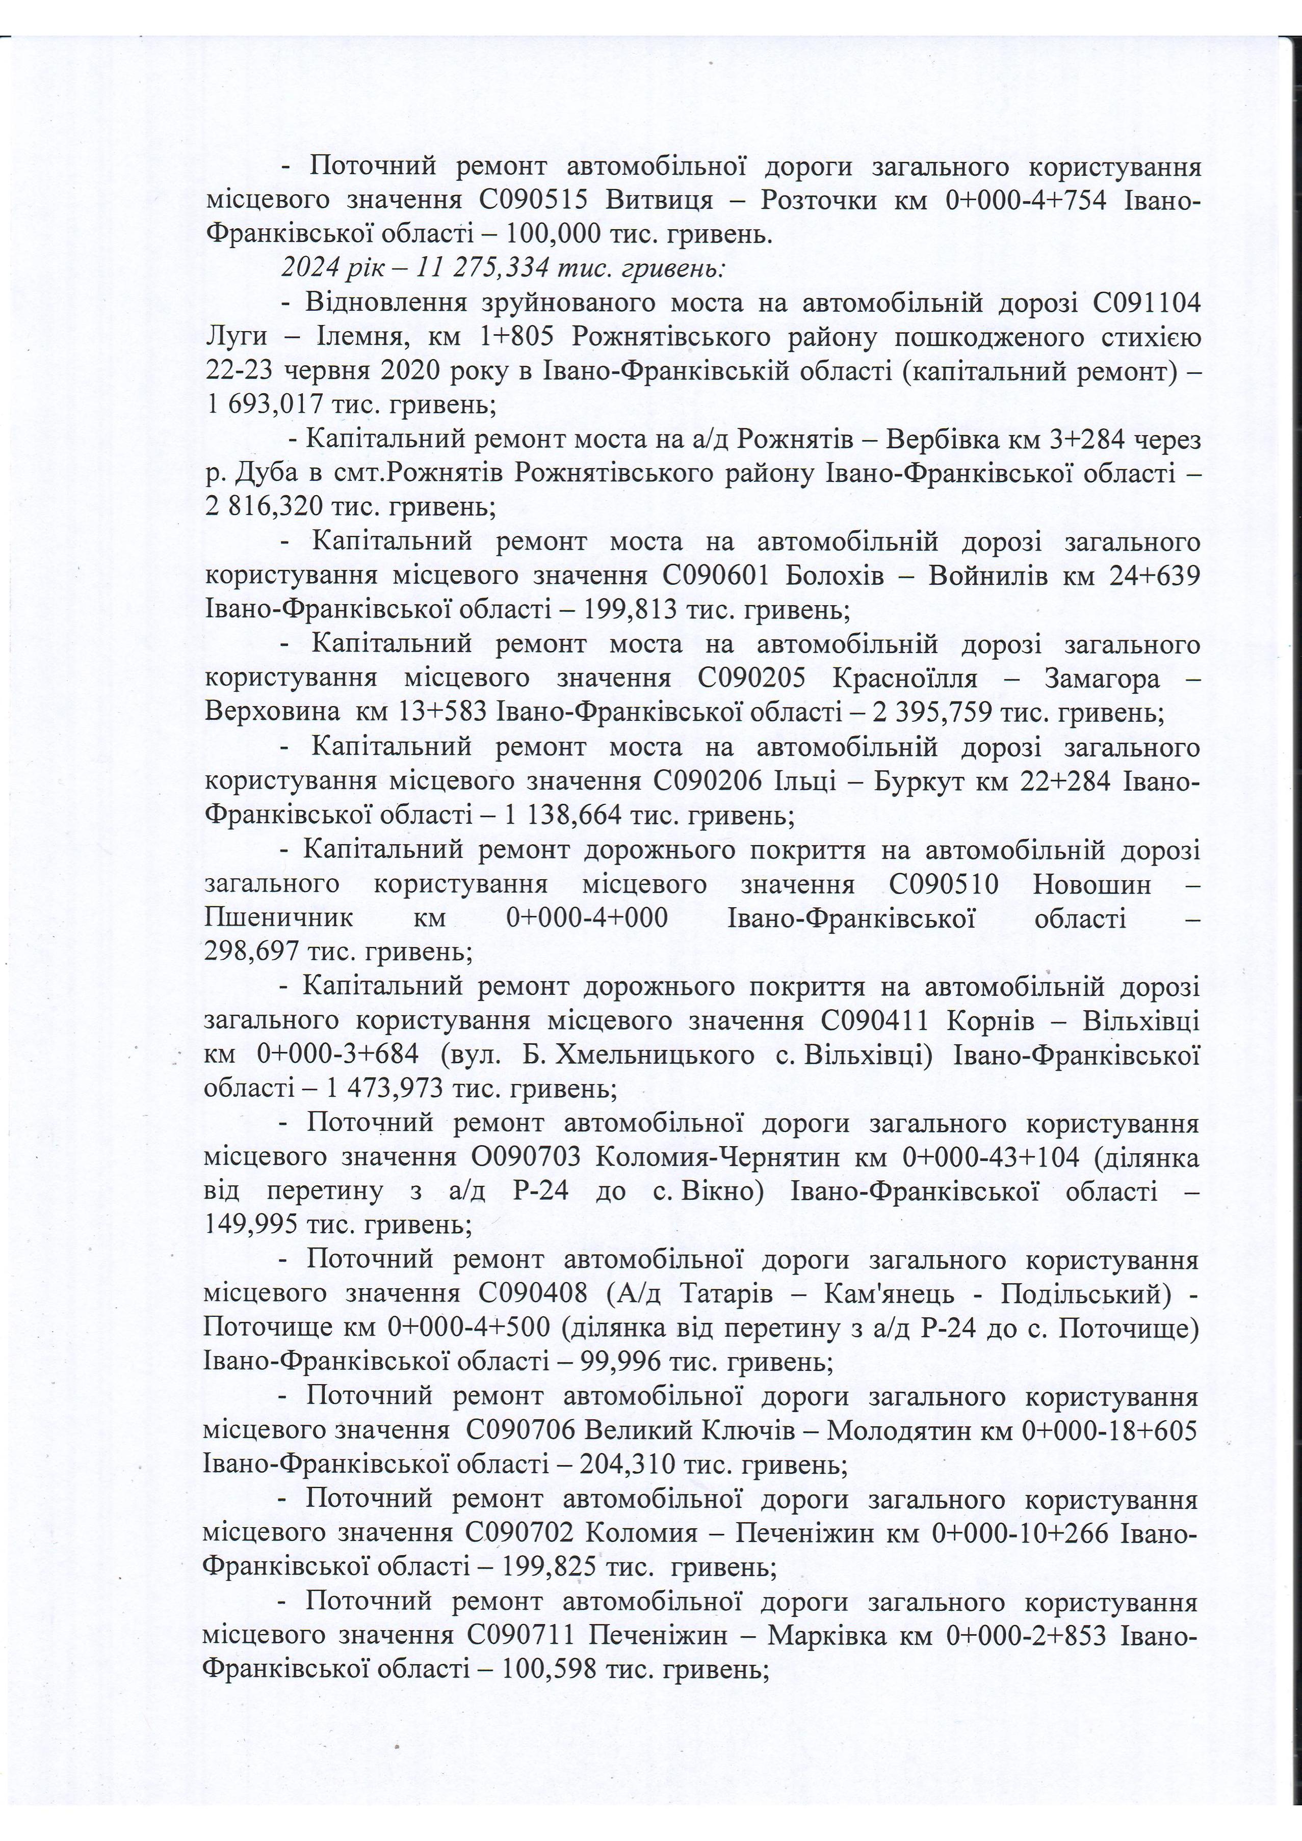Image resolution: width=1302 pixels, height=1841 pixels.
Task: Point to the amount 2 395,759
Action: point(940,712)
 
